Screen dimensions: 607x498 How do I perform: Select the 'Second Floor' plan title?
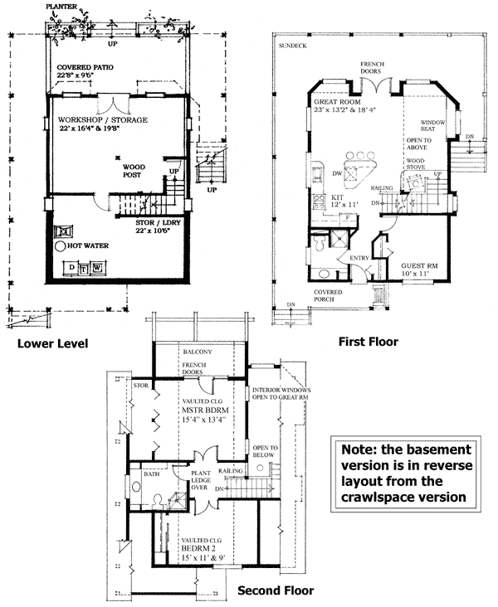[x=276, y=590]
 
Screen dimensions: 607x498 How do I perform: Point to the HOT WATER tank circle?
[x=61, y=246]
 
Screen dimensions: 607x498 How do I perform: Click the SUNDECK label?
[x=292, y=46]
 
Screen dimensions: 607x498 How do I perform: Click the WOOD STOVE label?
[x=416, y=163]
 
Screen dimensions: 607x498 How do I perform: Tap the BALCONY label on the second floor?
[x=198, y=352]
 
